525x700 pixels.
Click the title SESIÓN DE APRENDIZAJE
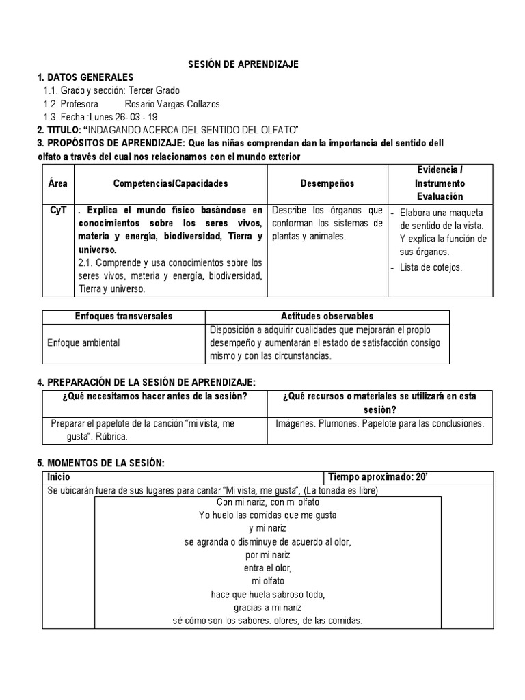[243, 64]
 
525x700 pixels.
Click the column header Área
[58, 183]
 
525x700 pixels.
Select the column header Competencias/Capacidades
[170, 183]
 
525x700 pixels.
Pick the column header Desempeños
[327, 183]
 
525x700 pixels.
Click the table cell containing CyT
[58, 210]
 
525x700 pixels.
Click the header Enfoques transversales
[123, 316]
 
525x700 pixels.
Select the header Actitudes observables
[327, 316]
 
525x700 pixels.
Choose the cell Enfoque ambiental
[83, 342]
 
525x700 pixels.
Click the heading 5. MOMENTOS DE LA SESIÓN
[100, 463]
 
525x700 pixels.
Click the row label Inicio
[58, 477]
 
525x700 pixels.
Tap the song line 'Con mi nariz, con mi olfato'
[267, 502]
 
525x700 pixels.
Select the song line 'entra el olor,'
[267, 567]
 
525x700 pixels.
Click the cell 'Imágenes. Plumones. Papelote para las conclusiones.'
[379, 423]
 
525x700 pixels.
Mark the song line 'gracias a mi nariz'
[267, 607]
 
